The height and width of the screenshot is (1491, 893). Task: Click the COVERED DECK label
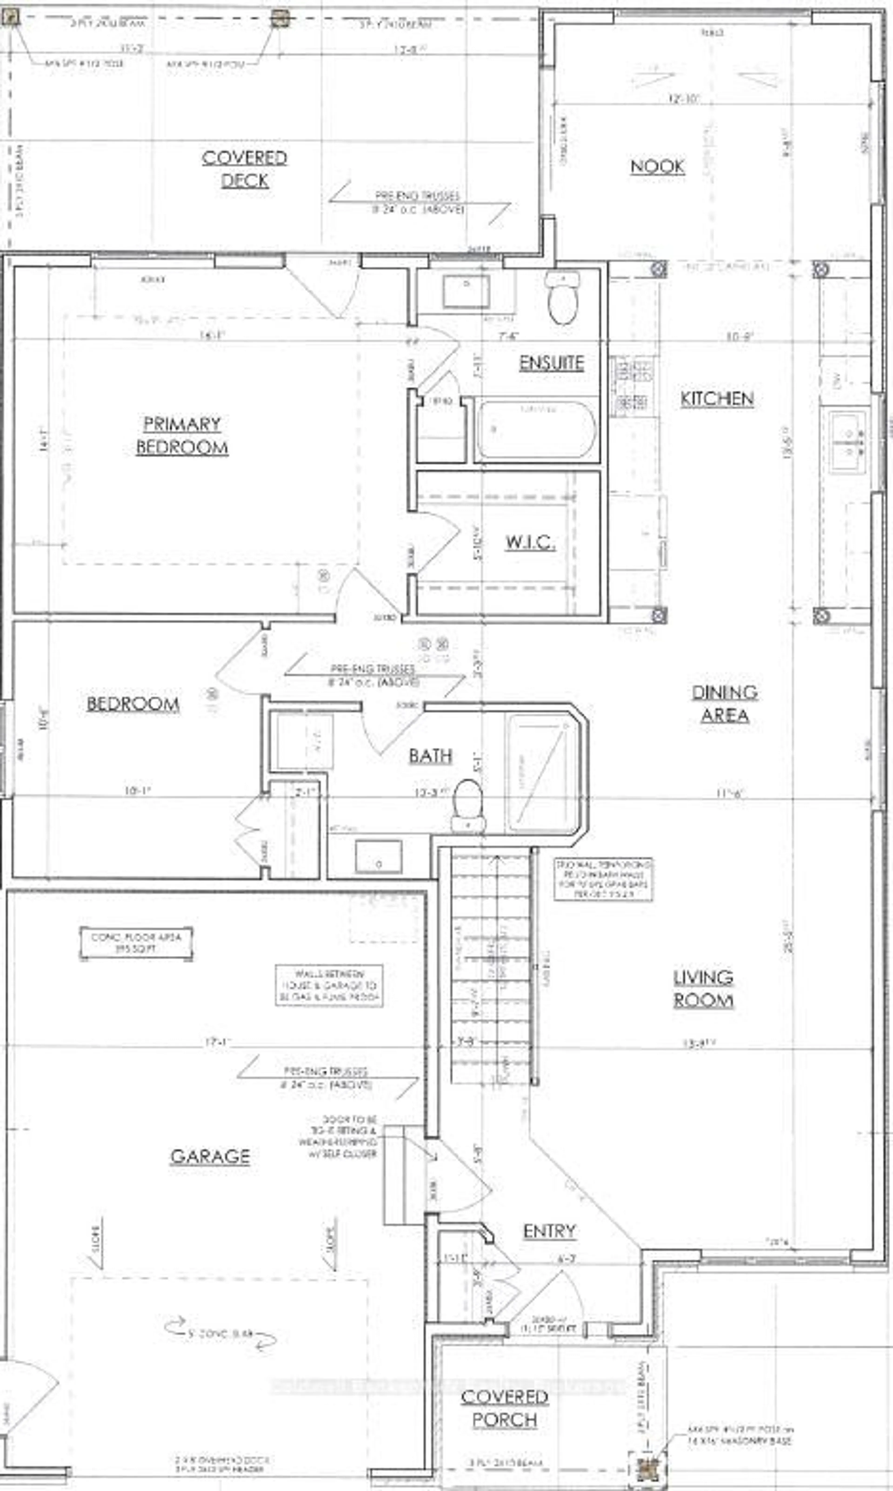244,169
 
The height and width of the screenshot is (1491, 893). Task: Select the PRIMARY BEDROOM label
182,435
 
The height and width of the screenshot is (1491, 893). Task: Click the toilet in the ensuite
563,298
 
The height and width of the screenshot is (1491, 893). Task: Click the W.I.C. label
530,542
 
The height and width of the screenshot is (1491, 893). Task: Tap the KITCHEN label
717,399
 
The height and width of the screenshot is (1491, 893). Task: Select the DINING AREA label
724,703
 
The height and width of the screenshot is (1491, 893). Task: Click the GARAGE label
210,1156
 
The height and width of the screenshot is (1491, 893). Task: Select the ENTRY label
549,1231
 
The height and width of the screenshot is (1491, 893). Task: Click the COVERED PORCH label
504,1408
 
